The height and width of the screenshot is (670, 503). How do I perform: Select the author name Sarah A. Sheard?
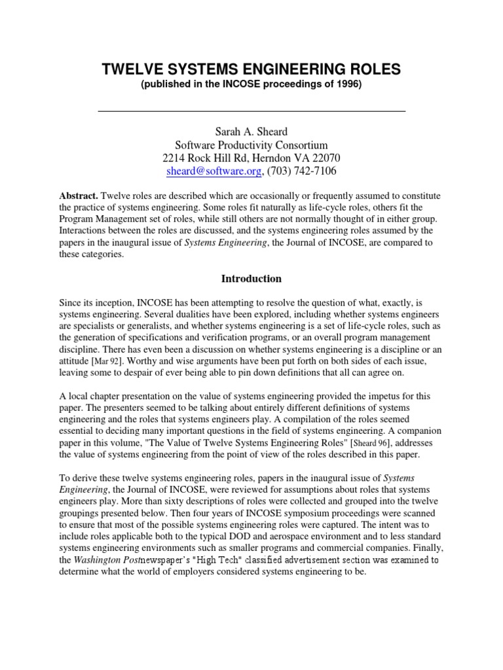pos(251,132)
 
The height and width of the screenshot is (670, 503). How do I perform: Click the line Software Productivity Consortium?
pos(251,145)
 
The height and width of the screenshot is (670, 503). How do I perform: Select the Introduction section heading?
pos(251,279)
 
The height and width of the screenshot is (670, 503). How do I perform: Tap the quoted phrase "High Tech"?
pos(227,560)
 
